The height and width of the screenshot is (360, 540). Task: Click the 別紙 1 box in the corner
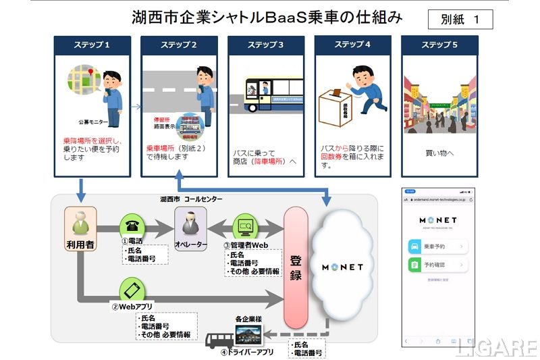coord(460,19)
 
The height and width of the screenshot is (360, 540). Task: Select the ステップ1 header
coord(92,45)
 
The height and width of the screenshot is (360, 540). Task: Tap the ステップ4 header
coord(353,45)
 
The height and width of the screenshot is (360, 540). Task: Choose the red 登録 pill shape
coord(296,267)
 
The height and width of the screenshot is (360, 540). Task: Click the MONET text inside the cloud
coord(342,267)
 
